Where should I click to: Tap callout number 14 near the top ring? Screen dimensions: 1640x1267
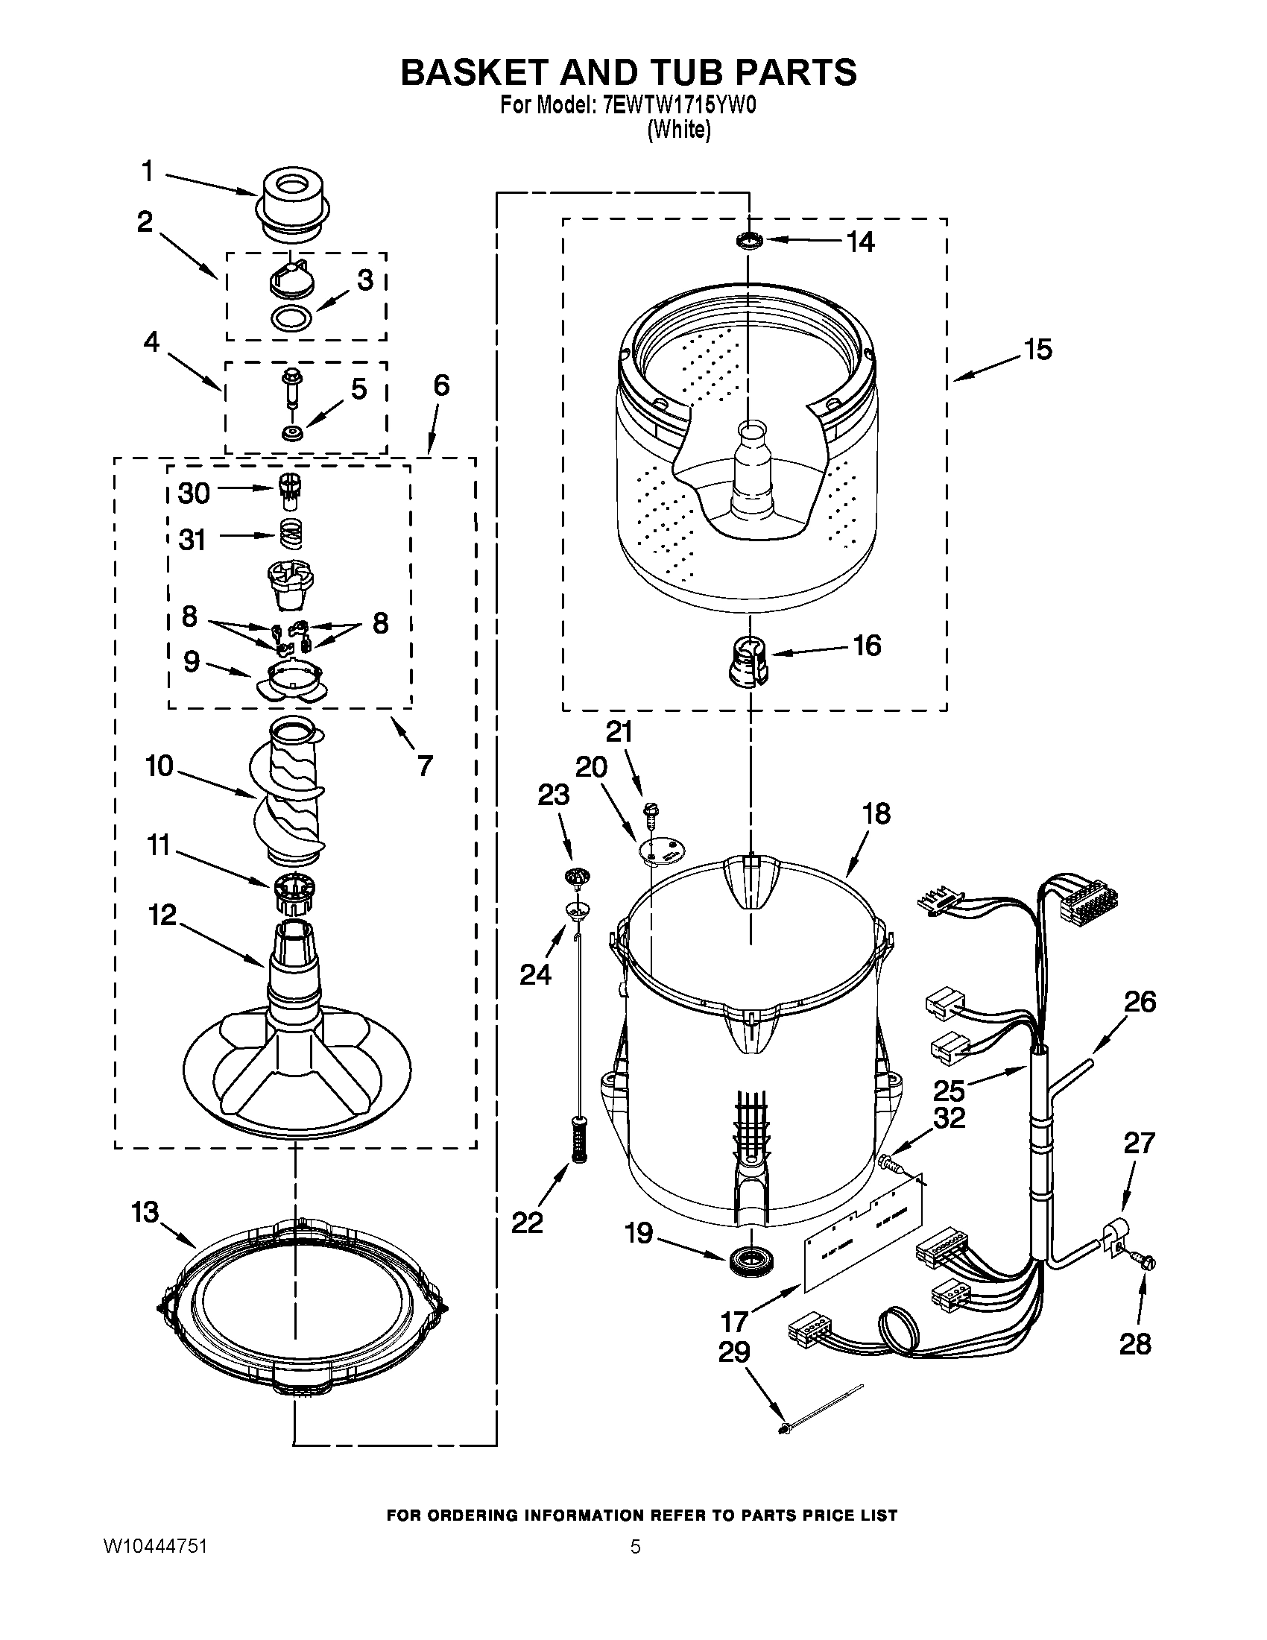click(x=860, y=242)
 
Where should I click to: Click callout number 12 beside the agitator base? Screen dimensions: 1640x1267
click(x=162, y=915)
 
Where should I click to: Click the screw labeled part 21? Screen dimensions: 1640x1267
click(x=650, y=810)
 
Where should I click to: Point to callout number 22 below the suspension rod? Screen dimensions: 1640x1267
click(x=527, y=1223)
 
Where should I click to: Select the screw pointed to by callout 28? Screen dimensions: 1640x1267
click(x=1146, y=1264)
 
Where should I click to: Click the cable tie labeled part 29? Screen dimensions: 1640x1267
click(x=822, y=1409)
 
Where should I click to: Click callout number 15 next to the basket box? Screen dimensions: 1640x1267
click(x=1038, y=350)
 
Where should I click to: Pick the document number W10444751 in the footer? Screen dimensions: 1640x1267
click(x=155, y=1546)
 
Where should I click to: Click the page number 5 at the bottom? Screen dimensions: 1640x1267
click(x=635, y=1546)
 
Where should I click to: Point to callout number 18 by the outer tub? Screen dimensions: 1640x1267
click(x=876, y=813)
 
